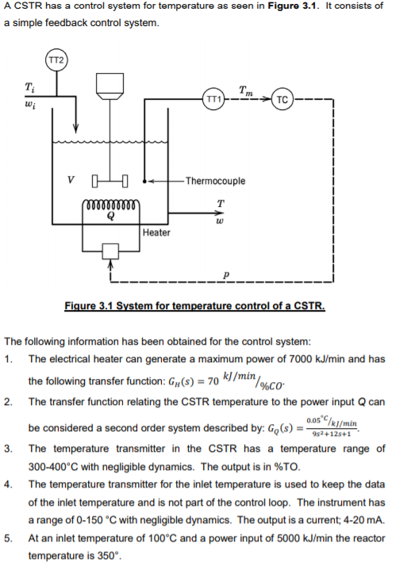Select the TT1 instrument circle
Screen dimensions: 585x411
point(212,100)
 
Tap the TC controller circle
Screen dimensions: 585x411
point(282,100)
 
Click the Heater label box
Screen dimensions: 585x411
point(156,232)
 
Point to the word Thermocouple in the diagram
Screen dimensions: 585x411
point(214,181)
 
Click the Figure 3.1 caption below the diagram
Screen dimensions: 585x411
point(195,305)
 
